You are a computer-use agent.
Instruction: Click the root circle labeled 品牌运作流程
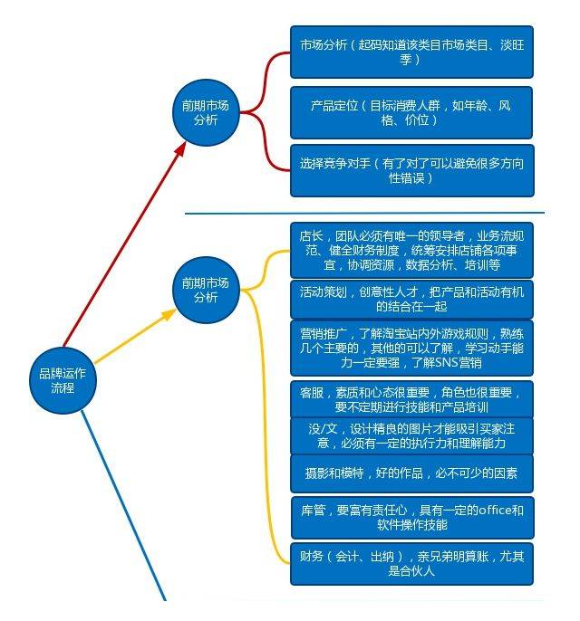click(x=63, y=380)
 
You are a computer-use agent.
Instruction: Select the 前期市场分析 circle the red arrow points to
click(x=206, y=112)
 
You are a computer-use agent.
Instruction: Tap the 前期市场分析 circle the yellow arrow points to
click(x=206, y=290)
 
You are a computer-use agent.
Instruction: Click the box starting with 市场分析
click(x=411, y=52)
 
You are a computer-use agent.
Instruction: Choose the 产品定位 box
click(x=411, y=112)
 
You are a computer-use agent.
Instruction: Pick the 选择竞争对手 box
click(x=412, y=171)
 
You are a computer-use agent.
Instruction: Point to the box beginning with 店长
click(x=411, y=250)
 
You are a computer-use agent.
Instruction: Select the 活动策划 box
click(x=411, y=300)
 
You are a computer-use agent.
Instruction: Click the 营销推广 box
click(x=411, y=349)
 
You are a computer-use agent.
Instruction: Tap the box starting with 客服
click(x=411, y=399)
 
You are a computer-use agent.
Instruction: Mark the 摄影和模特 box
click(x=411, y=473)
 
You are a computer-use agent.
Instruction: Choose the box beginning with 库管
click(x=412, y=518)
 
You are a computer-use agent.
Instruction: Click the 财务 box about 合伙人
click(x=411, y=564)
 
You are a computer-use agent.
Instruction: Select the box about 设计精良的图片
click(x=411, y=436)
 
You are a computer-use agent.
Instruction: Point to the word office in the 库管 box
click(x=494, y=511)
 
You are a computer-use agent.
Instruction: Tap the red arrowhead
click(x=180, y=148)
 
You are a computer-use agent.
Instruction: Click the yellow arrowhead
click(x=169, y=314)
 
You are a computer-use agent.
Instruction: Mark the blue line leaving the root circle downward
click(x=123, y=506)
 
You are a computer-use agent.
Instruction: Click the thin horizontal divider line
click(x=364, y=213)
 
